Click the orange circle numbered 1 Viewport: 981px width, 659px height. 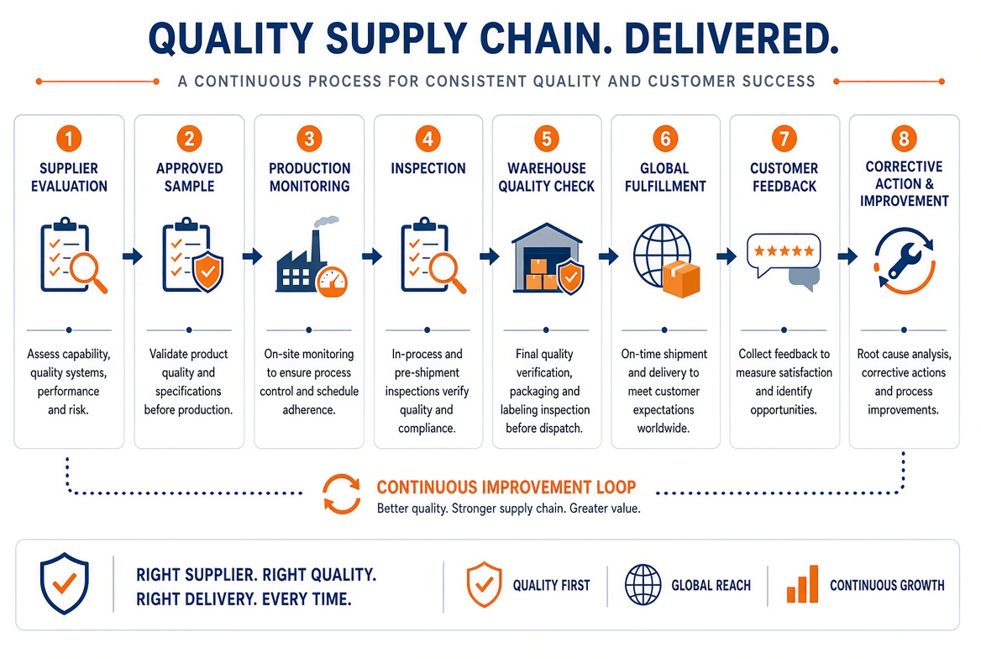[x=69, y=139]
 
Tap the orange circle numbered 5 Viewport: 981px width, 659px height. [x=546, y=139]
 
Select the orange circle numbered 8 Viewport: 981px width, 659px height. [x=904, y=139]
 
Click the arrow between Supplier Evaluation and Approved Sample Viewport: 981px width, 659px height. [x=133, y=256]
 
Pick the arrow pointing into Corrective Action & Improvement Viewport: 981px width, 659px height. [x=847, y=256]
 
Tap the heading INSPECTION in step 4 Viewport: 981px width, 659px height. [x=428, y=168]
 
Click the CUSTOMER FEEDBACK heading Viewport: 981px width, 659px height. [x=784, y=177]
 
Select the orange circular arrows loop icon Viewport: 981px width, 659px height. [x=342, y=494]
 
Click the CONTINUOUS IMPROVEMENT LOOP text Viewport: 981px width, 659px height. [x=506, y=488]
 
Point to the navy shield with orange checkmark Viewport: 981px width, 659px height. [x=65, y=583]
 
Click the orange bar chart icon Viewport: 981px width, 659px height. [x=802, y=584]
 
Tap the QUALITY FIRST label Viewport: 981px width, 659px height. [x=551, y=586]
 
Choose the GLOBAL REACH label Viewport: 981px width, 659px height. [x=711, y=586]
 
